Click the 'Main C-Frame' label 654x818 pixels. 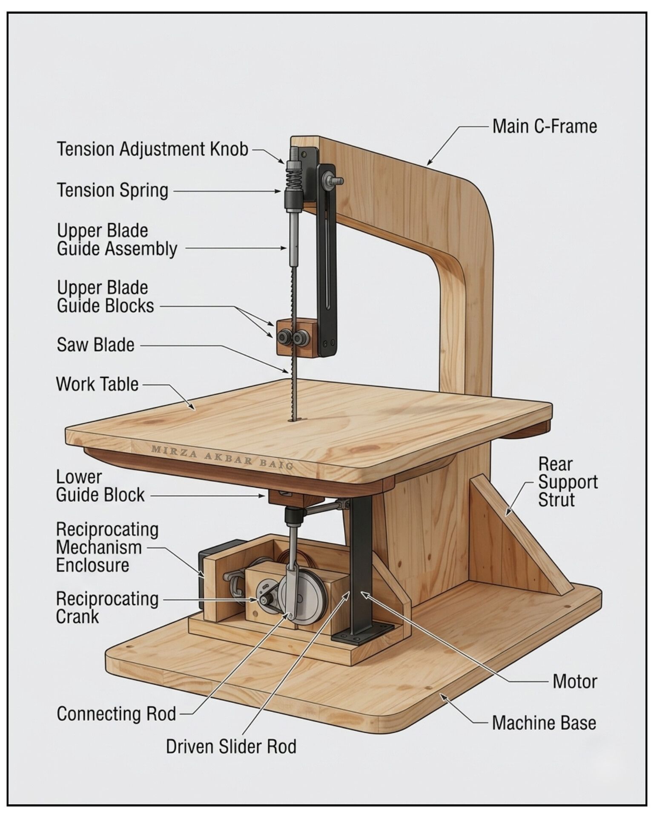545,127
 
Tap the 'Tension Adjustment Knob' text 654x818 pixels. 152,149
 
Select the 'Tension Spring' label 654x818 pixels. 112,190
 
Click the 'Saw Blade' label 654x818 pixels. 95,345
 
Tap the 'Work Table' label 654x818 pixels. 97,384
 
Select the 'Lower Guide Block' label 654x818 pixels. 100,486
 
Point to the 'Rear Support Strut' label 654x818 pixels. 568,482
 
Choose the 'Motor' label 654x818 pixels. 575,681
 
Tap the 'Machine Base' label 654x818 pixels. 544,723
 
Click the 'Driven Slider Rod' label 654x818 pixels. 231,746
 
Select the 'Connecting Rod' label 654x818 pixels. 116,714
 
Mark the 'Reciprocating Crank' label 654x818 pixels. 107,608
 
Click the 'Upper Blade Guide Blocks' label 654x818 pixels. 105,297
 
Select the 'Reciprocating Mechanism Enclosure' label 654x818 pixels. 107,547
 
